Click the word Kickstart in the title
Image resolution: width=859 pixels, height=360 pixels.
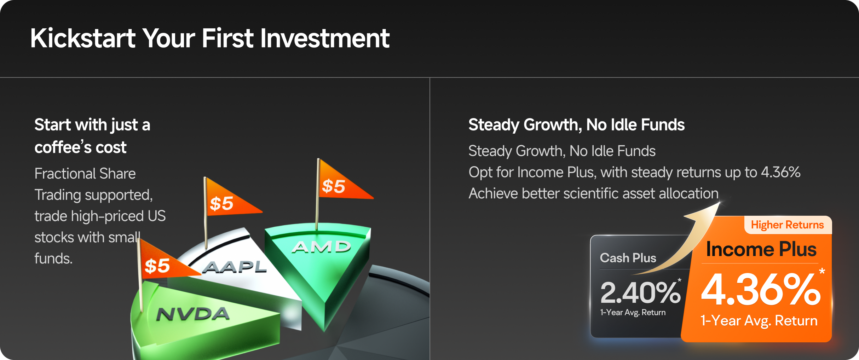[x=83, y=38]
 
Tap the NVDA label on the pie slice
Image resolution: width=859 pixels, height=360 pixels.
[x=193, y=314]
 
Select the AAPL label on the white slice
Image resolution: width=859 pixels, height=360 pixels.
[x=235, y=267]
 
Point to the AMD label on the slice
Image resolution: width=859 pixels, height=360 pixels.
[x=321, y=246]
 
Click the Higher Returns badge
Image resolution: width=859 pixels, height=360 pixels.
[x=788, y=225]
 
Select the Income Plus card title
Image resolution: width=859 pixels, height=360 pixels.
[x=761, y=249]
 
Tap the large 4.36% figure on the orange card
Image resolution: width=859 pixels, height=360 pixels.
[x=761, y=290]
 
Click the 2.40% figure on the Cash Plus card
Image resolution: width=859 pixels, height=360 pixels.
[x=640, y=293]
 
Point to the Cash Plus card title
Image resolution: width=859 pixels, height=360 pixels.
[x=628, y=258]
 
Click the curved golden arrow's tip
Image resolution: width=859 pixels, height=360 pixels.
[x=720, y=203]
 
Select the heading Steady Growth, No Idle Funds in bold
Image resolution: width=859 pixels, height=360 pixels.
[x=577, y=125]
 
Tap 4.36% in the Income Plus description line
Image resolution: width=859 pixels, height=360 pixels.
[x=780, y=172]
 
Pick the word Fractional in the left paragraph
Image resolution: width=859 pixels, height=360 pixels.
[x=65, y=174]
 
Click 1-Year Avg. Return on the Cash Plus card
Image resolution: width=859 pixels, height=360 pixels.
[x=633, y=313]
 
